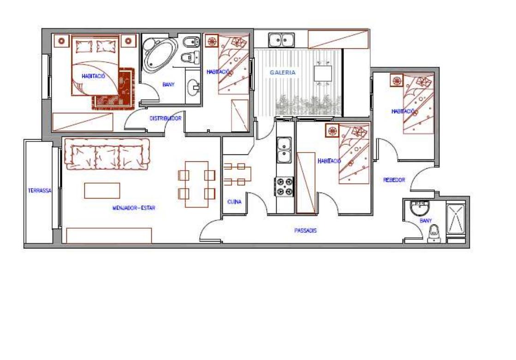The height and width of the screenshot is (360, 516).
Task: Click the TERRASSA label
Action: (40, 190)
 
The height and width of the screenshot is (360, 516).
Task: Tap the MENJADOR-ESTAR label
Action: (134, 208)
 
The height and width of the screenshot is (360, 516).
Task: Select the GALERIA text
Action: (283, 72)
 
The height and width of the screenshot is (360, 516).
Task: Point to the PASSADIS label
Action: (305, 230)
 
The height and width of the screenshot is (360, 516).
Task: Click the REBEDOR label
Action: (394, 180)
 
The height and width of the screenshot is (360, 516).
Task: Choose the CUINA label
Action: (234, 202)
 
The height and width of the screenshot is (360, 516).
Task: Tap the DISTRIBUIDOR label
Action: (166, 118)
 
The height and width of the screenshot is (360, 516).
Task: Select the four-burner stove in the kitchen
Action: (285, 187)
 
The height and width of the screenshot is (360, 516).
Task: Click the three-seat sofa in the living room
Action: (107, 154)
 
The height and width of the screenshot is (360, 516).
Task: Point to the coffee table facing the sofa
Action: (102, 190)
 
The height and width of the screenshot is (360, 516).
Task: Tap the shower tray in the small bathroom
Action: (456, 219)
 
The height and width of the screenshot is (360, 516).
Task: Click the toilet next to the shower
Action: (434, 234)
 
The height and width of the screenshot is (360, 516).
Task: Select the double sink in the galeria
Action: (282, 40)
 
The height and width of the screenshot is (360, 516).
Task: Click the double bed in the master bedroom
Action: (95, 66)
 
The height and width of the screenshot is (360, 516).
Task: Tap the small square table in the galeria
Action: (323, 73)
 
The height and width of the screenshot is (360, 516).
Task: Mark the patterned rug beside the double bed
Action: (113, 89)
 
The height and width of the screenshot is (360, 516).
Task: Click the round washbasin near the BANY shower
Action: (420, 207)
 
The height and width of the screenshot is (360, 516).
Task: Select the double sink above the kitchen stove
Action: (284, 150)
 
